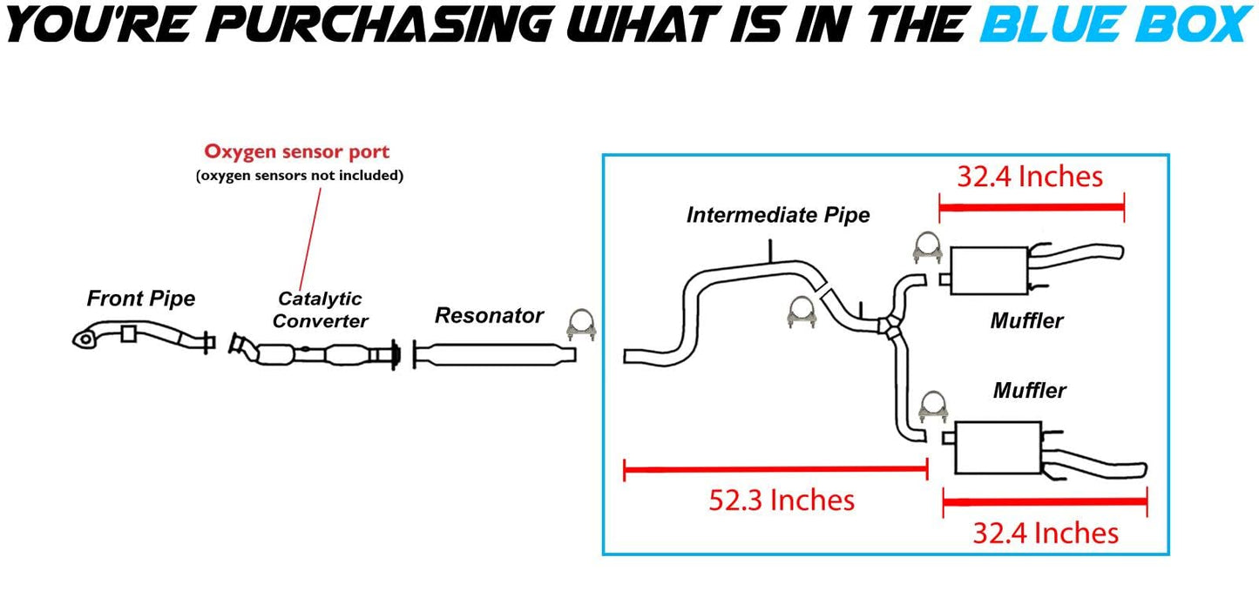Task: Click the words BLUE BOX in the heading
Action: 1116,24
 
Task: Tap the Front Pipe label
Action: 140,299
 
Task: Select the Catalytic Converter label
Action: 320,310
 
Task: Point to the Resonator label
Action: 489,316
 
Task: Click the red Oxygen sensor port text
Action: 297,151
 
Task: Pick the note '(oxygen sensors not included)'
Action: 300,176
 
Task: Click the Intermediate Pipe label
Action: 778,215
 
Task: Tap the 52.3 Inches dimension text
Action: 782,500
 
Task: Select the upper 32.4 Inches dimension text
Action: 1030,177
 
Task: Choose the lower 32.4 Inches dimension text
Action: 1046,533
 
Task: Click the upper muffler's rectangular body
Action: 989,271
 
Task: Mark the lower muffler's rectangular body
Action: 998,447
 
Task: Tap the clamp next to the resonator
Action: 581,325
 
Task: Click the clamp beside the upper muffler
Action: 927,248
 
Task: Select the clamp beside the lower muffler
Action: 933,406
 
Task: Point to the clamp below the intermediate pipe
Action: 802,312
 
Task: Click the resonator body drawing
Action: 495,354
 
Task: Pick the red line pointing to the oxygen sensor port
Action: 310,239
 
